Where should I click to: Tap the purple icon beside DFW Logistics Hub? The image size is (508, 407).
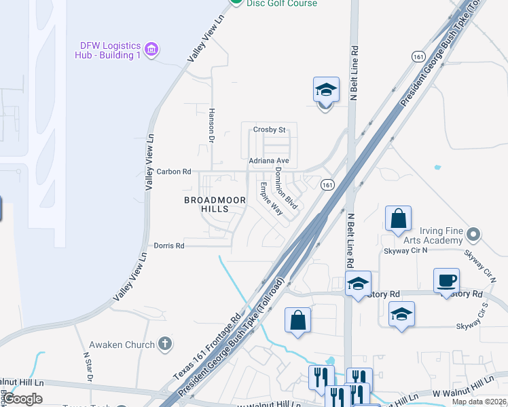pyautogui.click(x=152, y=49)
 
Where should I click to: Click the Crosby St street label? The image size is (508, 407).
pyautogui.click(x=270, y=130)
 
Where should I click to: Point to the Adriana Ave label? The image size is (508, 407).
pyautogui.click(x=269, y=161)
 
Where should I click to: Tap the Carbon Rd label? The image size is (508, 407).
pyautogui.click(x=174, y=172)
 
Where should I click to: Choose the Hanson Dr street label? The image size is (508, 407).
pyautogui.click(x=211, y=125)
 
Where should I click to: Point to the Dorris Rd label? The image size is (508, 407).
pyautogui.click(x=169, y=246)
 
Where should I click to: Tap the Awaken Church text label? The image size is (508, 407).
pyautogui.click(x=130, y=345)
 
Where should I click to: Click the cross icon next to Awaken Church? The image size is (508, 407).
pyautogui.click(x=164, y=344)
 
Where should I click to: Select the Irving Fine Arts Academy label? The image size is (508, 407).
pyautogui.click(x=431, y=235)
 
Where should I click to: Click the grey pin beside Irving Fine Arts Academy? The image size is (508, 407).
pyautogui.click(x=474, y=235)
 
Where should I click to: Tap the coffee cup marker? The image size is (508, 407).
pyautogui.click(x=446, y=280)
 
